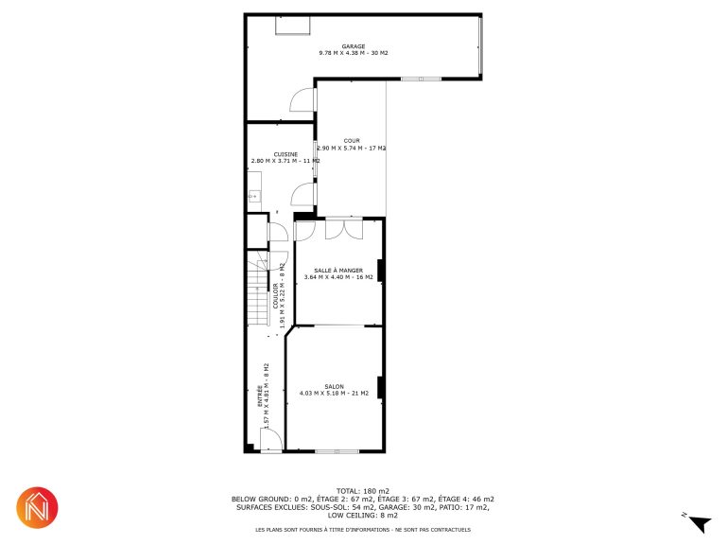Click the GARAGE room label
tap(354, 46)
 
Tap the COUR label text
tap(352, 140)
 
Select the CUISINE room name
tap(285, 154)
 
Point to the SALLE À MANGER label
tap(338, 271)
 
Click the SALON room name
tap(335, 386)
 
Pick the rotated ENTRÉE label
tap(260, 396)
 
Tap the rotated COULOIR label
tap(276, 295)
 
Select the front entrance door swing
tap(271, 439)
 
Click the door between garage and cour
tap(302, 99)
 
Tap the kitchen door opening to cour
tap(302, 194)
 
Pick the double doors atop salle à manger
tap(344, 228)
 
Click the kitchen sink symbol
tap(253, 197)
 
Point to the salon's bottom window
tap(337, 451)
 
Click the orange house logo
tap(37, 507)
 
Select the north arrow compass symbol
tap(700, 523)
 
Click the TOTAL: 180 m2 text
tap(363, 491)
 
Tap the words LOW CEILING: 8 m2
tap(363, 516)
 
